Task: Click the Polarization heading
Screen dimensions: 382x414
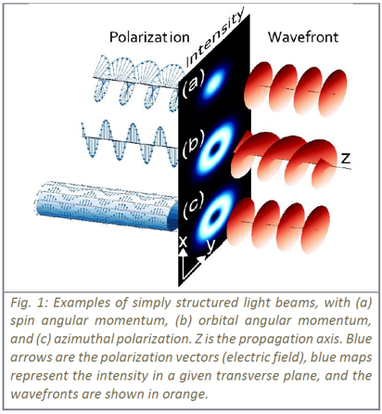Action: click(x=149, y=37)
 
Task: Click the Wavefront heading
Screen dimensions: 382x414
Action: click(x=303, y=37)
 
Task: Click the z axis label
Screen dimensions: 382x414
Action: click(x=346, y=158)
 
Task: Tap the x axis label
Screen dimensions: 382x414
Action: click(x=184, y=241)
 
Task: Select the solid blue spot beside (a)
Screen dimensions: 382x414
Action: click(x=214, y=82)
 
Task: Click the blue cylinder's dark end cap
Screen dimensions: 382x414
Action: click(x=173, y=216)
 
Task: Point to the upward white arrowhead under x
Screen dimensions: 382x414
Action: click(x=184, y=252)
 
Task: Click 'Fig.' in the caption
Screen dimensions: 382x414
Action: click(x=20, y=303)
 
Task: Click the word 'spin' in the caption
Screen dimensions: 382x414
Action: click(x=22, y=321)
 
